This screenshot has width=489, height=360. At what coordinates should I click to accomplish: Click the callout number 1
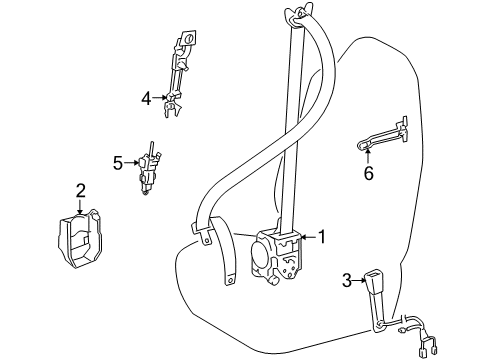tap(323, 237)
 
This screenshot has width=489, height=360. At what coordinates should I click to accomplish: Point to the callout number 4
tap(146, 98)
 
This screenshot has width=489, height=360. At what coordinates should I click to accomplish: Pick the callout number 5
tap(117, 160)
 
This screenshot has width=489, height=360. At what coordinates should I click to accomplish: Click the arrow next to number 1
tap(307, 237)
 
